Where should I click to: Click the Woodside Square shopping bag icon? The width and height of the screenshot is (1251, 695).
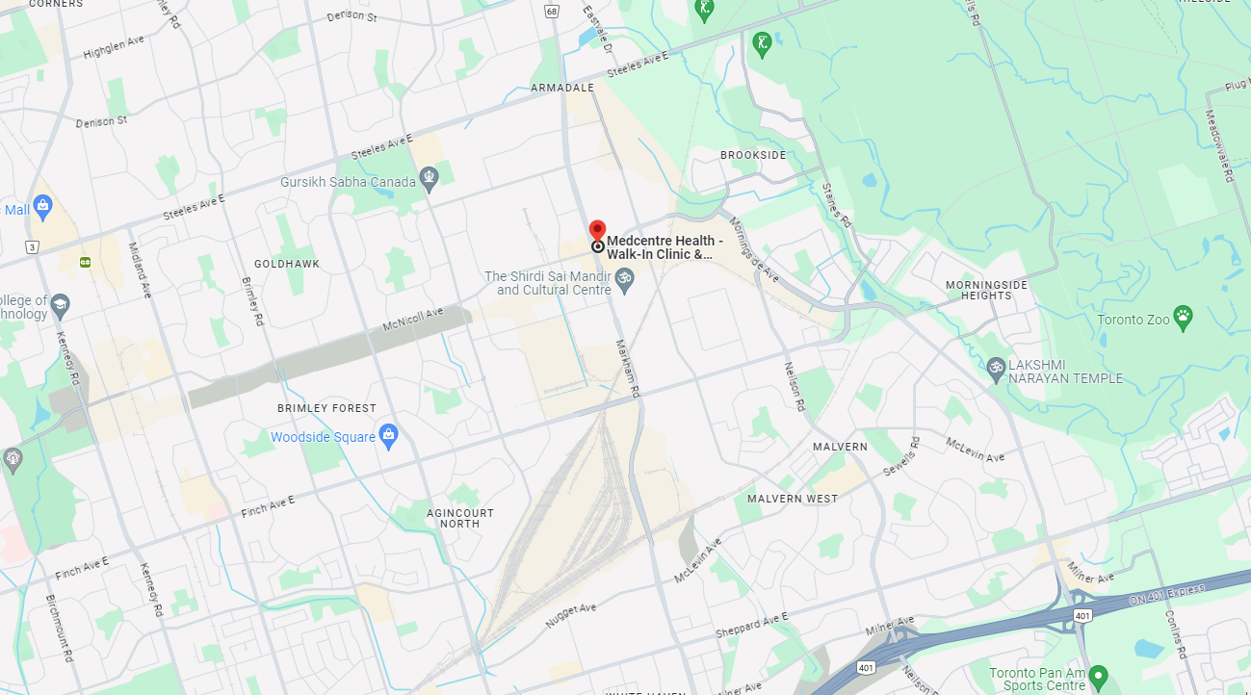click(x=388, y=435)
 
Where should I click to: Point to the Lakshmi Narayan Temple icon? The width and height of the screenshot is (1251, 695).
click(x=996, y=367)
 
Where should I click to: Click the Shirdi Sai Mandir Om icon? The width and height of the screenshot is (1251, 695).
click(x=624, y=279)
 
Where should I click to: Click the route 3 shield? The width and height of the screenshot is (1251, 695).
click(x=33, y=247)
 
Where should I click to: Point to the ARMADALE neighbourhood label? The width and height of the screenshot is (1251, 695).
click(x=561, y=88)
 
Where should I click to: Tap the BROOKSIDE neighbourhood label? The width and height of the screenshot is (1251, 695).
click(x=753, y=155)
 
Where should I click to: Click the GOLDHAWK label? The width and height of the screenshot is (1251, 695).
click(x=287, y=264)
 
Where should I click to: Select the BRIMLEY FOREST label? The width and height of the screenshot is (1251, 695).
click(x=326, y=408)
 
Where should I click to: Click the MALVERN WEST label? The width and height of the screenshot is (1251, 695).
click(x=793, y=499)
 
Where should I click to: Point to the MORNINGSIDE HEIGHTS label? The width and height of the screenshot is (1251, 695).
click(x=986, y=291)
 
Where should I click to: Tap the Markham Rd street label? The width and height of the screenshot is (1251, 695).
click(x=627, y=368)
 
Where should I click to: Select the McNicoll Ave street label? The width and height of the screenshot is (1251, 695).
click(x=413, y=319)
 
